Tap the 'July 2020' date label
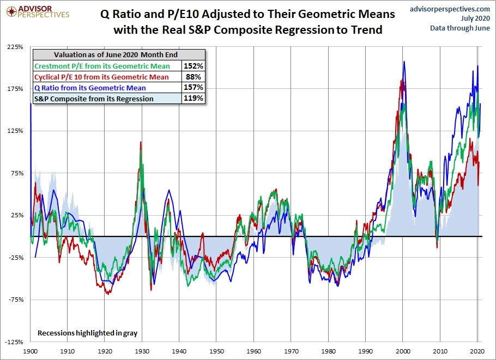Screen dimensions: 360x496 click(474, 18)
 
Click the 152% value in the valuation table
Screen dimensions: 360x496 click(194, 66)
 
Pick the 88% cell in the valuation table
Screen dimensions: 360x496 click(194, 77)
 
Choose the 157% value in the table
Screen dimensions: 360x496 click(194, 88)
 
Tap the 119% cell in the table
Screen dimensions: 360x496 click(194, 99)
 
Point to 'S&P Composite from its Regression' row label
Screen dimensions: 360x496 click(94, 99)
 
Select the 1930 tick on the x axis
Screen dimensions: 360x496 click(142, 351)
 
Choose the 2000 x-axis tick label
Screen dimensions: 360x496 click(403, 351)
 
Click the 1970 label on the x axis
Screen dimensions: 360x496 click(291, 351)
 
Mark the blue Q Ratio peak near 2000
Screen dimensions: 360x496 click(404, 62)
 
